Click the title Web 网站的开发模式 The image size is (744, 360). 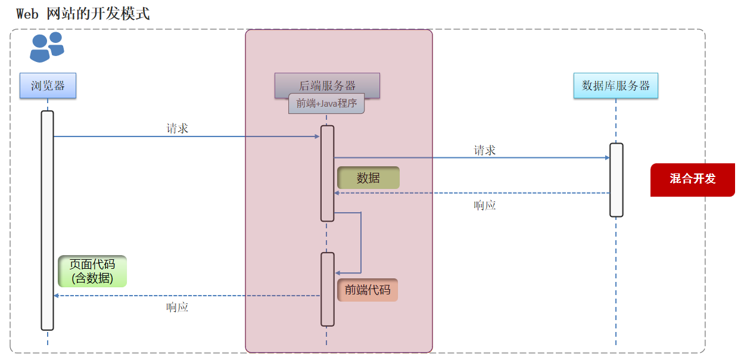point(83,14)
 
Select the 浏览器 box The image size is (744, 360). point(48,86)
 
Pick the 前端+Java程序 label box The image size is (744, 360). point(326,104)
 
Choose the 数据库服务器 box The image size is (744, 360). point(616,86)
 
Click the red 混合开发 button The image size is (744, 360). point(692,179)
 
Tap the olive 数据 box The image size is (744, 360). point(368,178)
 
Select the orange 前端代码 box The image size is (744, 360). point(368,290)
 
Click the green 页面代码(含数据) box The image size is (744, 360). point(92,271)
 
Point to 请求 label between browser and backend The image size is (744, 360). point(178,128)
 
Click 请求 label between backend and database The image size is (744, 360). point(484,150)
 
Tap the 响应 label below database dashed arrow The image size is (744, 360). point(484,206)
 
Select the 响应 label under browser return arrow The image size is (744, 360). point(178,308)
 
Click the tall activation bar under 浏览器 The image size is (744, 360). point(48,221)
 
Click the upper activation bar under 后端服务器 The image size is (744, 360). point(327,173)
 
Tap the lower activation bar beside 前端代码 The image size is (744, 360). point(328,289)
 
